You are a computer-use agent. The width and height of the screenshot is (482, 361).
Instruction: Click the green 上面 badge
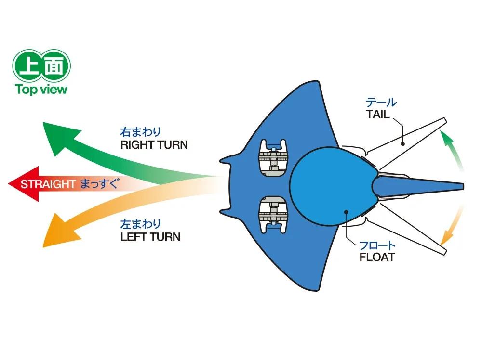click(x=41, y=65)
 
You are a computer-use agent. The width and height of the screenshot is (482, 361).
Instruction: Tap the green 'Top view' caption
click(x=41, y=90)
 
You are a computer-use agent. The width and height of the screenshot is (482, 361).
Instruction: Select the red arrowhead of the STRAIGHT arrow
click(x=24, y=184)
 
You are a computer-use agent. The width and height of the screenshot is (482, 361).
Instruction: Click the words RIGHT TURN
click(x=154, y=145)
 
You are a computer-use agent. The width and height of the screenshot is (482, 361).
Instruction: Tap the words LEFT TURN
click(x=150, y=237)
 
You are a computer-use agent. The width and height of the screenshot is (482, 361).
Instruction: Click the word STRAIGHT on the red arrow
click(x=48, y=184)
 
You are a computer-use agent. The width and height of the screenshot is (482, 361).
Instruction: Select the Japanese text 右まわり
click(x=140, y=132)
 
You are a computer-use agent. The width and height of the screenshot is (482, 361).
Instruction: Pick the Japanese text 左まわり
click(x=140, y=224)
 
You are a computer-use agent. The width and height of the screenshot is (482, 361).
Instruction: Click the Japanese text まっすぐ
click(x=99, y=184)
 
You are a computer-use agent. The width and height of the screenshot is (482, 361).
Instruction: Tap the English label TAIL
click(x=378, y=115)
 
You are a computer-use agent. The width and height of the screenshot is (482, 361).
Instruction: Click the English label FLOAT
click(x=377, y=257)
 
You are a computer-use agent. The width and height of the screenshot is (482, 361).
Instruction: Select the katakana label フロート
click(x=377, y=245)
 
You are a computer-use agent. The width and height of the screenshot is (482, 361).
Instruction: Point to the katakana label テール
click(x=381, y=102)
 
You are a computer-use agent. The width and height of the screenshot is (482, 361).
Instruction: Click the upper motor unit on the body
click(x=273, y=158)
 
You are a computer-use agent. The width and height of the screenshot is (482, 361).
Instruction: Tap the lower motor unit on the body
click(x=273, y=215)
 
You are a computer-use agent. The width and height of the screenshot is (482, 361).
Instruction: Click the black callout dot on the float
click(x=346, y=212)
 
